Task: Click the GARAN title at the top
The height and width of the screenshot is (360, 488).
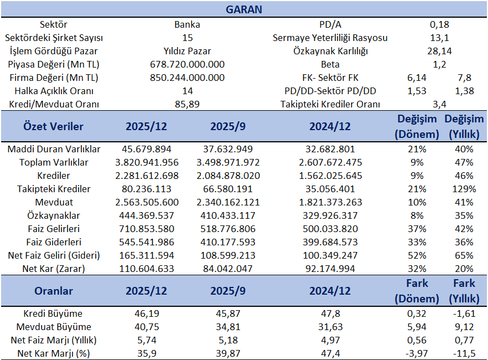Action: coord(244,9)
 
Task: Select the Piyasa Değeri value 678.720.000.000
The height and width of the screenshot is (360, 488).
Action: coord(187,64)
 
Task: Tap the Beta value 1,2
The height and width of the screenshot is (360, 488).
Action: coord(439,64)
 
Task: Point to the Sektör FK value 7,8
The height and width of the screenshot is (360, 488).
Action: coord(464,78)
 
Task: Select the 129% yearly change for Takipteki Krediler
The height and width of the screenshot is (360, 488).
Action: coord(464,189)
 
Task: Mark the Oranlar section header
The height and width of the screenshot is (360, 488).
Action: coord(54,291)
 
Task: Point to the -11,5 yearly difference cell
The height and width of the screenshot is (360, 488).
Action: coord(464,353)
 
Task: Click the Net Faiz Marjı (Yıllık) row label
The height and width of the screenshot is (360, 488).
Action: coord(54,340)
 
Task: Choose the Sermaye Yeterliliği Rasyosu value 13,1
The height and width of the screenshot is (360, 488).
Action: coord(439,38)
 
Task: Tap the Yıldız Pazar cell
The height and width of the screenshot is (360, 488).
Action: coord(187,51)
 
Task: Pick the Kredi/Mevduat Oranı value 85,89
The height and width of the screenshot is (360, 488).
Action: coord(187,104)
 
